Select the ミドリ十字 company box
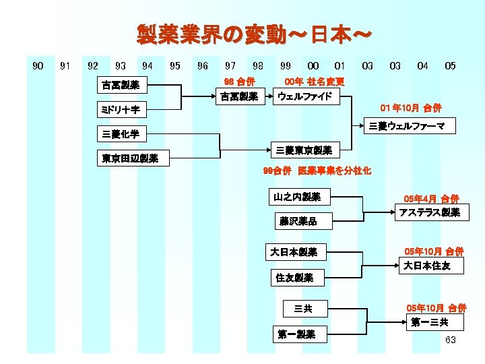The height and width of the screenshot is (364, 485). [x=121, y=109]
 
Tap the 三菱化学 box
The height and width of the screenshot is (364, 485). [x=121, y=134]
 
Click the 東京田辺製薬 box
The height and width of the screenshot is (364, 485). [x=130, y=158]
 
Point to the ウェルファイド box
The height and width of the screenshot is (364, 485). [x=305, y=96]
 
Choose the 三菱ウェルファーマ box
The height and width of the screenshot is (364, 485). [x=412, y=126]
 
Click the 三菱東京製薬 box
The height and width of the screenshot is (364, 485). [x=304, y=150]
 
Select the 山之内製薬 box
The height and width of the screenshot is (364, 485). [x=298, y=197]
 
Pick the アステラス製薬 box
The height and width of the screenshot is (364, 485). [x=430, y=212]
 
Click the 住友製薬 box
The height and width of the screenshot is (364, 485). [x=294, y=277]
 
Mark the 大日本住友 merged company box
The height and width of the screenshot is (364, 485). [x=427, y=266]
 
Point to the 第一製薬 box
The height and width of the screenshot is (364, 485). [x=296, y=334]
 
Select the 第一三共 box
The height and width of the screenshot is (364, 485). [x=430, y=322]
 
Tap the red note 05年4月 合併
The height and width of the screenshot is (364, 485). [x=431, y=199]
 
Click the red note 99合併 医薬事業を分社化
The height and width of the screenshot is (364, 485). [x=317, y=171]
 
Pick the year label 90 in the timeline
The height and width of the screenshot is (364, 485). [x=38, y=66]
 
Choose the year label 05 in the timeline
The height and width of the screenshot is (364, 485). [x=450, y=66]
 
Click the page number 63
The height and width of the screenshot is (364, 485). [x=451, y=340]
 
